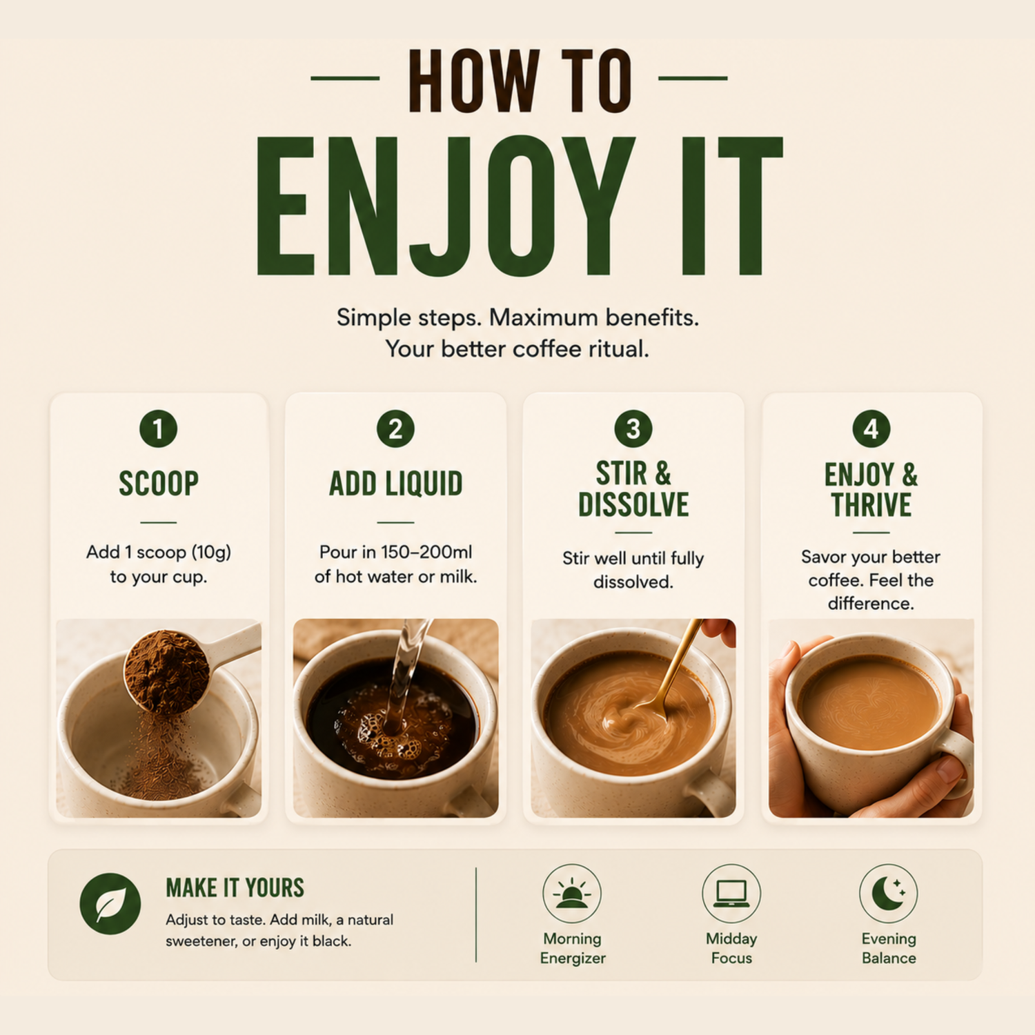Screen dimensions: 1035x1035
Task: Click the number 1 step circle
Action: (158, 428)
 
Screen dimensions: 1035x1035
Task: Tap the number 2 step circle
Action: (395, 428)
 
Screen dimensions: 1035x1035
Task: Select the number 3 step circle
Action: (633, 428)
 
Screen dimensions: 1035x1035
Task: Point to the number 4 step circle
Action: (871, 428)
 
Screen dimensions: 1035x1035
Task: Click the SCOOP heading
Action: (159, 483)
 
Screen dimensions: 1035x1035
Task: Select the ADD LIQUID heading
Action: (395, 483)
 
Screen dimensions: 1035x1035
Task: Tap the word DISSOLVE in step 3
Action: (633, 504)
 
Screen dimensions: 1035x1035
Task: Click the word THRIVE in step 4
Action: (871, 505)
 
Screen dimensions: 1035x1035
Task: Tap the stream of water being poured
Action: (404, 673)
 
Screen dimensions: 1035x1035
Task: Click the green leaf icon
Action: (110, 904)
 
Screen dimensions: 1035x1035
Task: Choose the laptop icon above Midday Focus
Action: (731, 893)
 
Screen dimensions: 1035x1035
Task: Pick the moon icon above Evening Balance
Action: (889, 893)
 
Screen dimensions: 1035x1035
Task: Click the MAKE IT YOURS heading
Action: (235, 888)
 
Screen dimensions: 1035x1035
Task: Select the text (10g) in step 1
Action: (211, 553)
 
